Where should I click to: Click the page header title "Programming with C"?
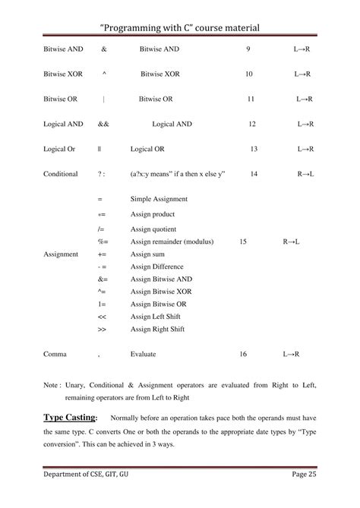tap(180, 27)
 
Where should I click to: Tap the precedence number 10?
tap(249, 74)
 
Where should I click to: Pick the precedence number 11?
tap(251, 99)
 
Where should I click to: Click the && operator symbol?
tap(103, 124)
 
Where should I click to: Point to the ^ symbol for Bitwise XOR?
tap(103, 74)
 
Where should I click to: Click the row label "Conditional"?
tap(61, 174)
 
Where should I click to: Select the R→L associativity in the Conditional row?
tap(306, 174)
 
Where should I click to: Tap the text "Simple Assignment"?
tap(159, 199)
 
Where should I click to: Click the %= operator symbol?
tap(103, 241)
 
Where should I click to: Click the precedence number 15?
tap(243, 241)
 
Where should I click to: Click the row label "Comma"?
tap(55, 353)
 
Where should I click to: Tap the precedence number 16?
tap(243, 353)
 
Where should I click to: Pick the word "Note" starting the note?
tap(51, 385)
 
